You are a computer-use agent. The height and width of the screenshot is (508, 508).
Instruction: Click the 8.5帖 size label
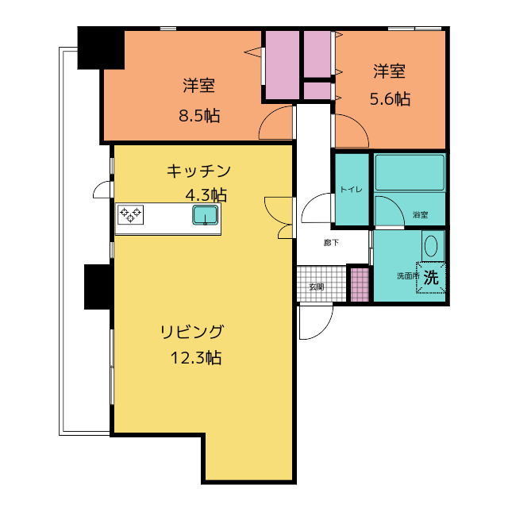(199, 116)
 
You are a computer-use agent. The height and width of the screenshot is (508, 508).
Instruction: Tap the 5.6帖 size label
(390, 99)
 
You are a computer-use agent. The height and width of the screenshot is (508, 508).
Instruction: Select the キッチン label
(198, 171)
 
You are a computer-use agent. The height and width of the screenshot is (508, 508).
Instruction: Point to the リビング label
(192, 332)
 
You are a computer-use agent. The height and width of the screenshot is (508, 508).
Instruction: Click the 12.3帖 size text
(195, 358)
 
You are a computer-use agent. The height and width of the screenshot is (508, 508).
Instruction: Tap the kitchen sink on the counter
(205, 215)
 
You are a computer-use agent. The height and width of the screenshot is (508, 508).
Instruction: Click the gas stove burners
(131, 213)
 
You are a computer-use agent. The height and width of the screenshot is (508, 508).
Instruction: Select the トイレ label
(351, 189)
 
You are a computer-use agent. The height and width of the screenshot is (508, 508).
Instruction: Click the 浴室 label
(420, 215)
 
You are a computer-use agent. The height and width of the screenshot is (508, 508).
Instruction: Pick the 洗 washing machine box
(431, 278)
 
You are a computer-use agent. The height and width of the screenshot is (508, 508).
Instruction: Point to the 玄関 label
(316, 287)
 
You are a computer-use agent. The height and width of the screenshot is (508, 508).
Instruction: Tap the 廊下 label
(331, 243)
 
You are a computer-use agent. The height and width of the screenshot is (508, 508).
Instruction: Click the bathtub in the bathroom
(410, 172)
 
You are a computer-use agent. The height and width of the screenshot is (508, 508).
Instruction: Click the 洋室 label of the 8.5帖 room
(198, 86)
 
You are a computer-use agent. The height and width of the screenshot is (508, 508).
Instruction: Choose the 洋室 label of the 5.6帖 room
(390, 72)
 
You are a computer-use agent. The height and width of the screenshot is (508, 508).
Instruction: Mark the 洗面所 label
(407, 276)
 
